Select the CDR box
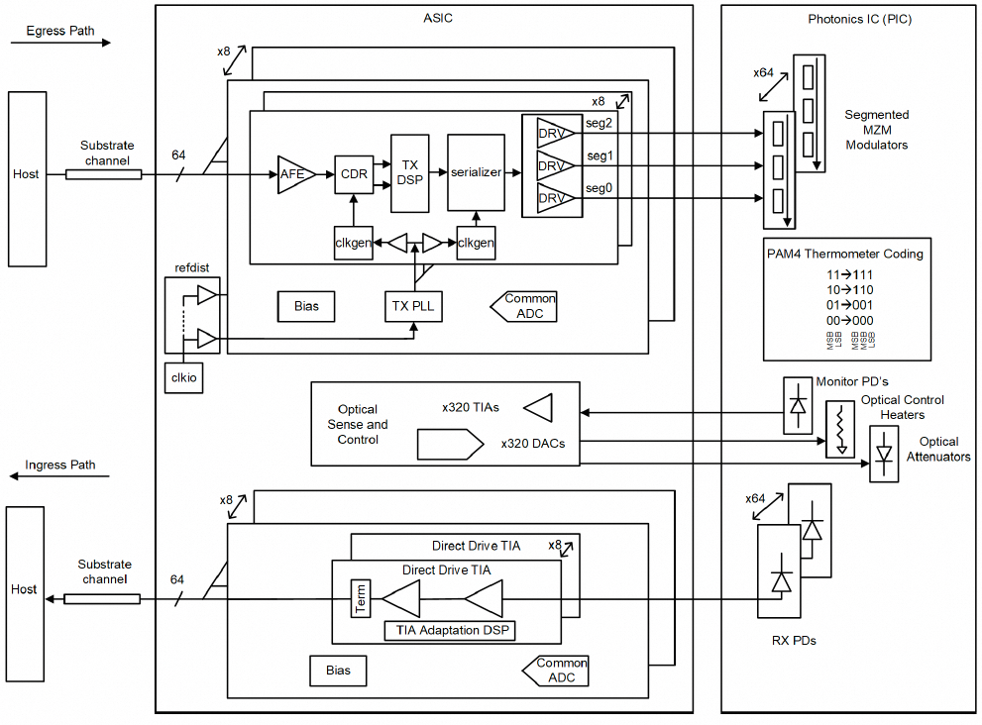tap(354, 174)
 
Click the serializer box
tap(477, 172)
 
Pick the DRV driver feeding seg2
tap(551, 134)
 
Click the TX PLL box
tap(412, 307)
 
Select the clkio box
tap(184, 377)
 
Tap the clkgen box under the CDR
tap(354, 243)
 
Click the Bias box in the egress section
tap(306, 306)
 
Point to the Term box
tap(361, 598)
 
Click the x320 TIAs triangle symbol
tap(538, 407)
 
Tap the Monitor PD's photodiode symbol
tap(797, 405)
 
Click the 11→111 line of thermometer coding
tap(848, 274)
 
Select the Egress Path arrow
tap(61, 44)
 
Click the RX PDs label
tap(793, 641)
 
